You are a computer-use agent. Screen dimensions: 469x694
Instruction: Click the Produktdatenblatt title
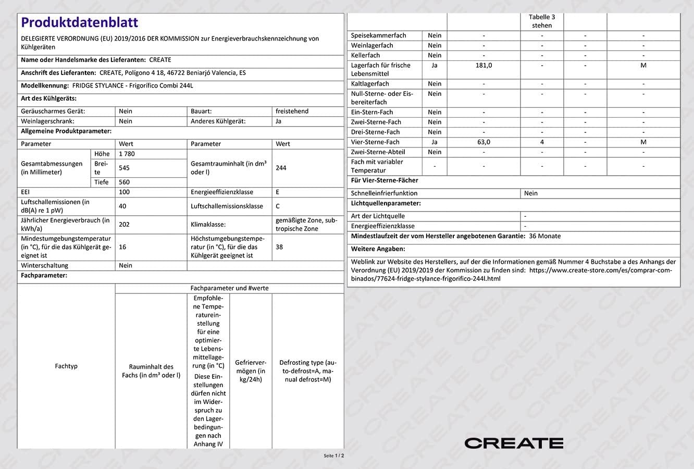pos(80,22)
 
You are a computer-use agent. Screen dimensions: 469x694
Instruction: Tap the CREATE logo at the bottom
pos(514,443)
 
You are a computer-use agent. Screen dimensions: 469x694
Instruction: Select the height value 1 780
pos(127,154)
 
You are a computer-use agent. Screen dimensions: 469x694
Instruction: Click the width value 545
pos(125,168)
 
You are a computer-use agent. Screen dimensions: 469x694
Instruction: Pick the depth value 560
pos(125,182)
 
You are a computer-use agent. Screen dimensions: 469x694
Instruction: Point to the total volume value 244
pos(281,168)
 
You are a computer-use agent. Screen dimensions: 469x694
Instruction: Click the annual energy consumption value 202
pos(125,224)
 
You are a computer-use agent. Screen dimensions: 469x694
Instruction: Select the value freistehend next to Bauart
pos(292,111)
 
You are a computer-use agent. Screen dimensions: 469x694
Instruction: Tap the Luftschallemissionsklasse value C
pos(278,206)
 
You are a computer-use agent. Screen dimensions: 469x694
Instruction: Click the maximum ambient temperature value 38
pos(279,246)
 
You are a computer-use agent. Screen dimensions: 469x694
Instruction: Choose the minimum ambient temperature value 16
pos(122,246)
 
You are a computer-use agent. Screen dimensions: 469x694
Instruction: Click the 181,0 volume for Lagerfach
pos(484,65)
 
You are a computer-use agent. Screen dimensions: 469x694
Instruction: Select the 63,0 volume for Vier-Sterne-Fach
pos(484,142)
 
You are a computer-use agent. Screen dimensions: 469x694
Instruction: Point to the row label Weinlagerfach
pos(372,45)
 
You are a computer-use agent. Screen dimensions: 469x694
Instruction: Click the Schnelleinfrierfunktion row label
pos(384,193)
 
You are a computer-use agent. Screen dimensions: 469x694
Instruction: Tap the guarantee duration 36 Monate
pos(544,236)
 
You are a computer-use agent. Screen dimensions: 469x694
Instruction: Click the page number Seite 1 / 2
pos(334,455)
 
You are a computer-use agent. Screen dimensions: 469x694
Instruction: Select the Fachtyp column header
pos(66,366)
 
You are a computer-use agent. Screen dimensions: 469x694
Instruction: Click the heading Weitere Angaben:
pos(378,249)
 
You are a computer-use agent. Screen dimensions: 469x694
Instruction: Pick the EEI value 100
pos(125,192)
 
